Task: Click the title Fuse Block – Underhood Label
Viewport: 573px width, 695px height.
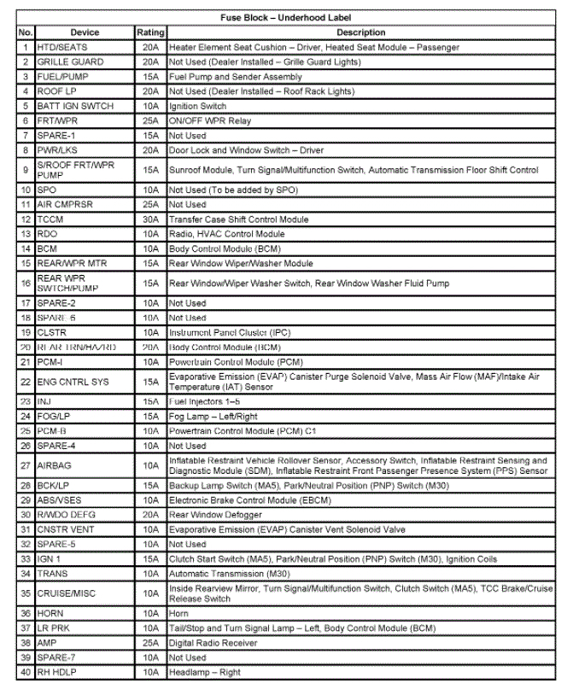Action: coord(287,18)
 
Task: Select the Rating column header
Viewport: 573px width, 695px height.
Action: coord(150,32)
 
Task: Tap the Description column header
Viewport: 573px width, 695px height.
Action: coord(360,32)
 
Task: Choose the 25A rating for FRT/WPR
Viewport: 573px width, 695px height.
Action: coord(150,121)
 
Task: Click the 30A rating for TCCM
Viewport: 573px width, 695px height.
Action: coord(150,219)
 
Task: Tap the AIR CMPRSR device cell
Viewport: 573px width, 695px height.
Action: coord(61,205)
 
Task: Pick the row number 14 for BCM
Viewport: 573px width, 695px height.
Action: coord(26,248)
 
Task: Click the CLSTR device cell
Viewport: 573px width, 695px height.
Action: coord(51,331)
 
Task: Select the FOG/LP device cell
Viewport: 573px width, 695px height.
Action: coord(55,416)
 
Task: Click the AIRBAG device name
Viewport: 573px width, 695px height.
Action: coord(53,465)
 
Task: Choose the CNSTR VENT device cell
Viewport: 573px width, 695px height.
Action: coord(65,529)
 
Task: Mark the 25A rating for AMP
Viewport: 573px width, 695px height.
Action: coord(150,643)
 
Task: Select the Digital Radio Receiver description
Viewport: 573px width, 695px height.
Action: coord(213,643)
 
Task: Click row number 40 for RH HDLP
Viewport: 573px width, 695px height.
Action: coord(26,672)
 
